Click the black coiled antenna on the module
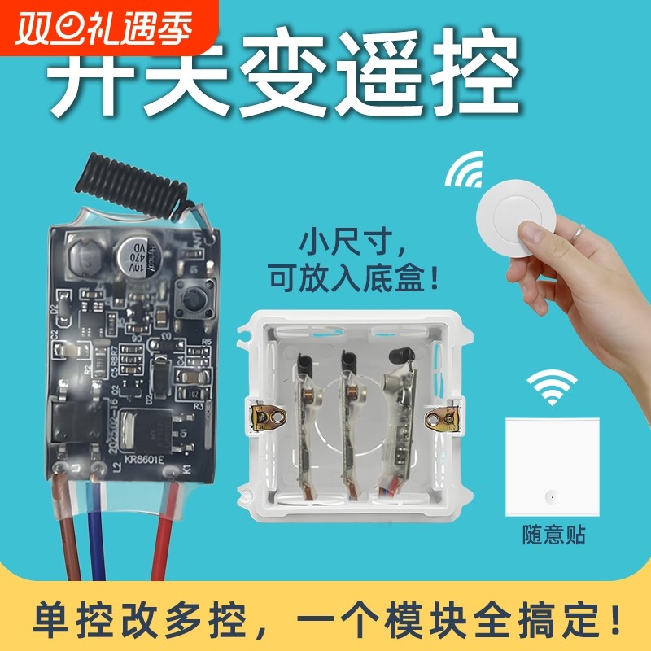(130, 180)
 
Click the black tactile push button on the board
(192, 301)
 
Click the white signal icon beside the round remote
(465, 172)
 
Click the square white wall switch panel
(553, 466)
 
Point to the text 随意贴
(553, 535)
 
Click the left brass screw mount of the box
(269, 417)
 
